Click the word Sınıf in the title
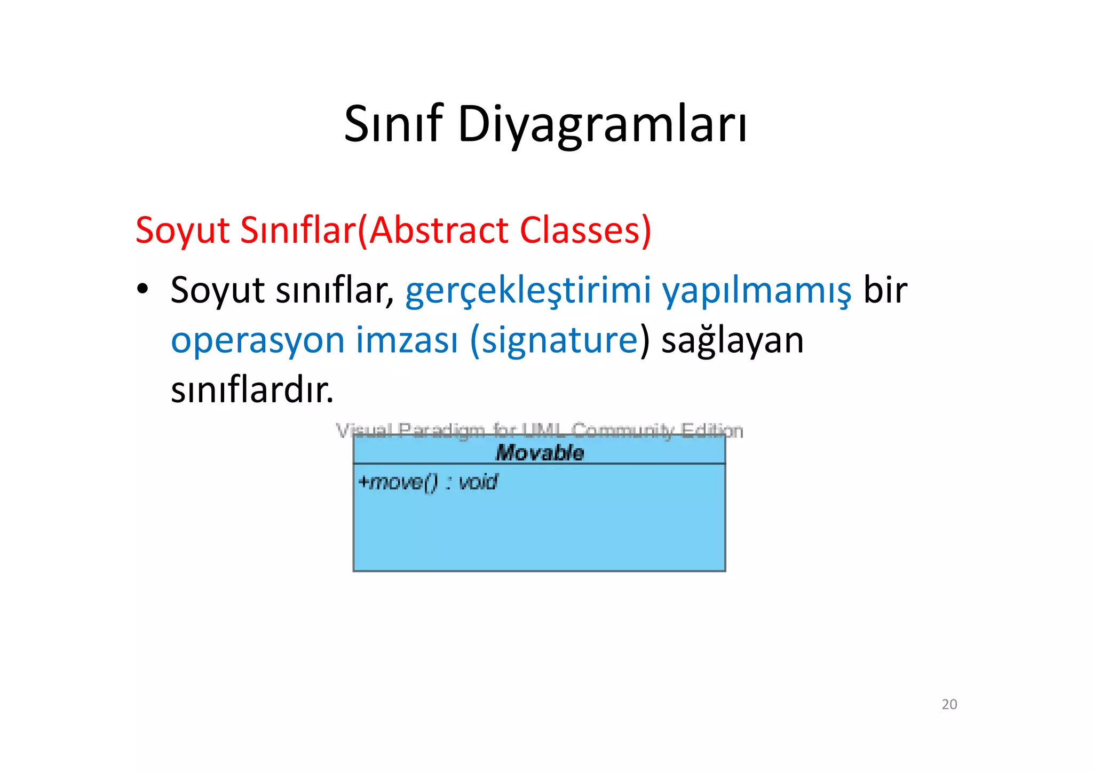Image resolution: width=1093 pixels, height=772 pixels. coord(393,124)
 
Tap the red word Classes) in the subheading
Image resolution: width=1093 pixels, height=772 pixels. coord(585,230)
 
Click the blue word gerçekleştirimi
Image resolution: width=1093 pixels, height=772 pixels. coord(528,291)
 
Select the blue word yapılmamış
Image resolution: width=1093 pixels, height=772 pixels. coord(757,291)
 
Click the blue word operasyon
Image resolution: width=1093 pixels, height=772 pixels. coord(258,341)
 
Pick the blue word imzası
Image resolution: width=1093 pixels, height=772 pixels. coord(407,341)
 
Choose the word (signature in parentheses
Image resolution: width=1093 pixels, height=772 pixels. coord(554,341)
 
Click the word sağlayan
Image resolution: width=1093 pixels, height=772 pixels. coord(732,341)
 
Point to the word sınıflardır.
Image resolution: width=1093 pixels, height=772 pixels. coord(252,390)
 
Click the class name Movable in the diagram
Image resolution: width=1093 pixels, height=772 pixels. coord(540,453)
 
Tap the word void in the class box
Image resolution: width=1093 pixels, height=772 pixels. coord(478,482)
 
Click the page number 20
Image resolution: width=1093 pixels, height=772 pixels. coord(949,705)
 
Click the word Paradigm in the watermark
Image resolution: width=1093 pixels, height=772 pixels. coord(441,430)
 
